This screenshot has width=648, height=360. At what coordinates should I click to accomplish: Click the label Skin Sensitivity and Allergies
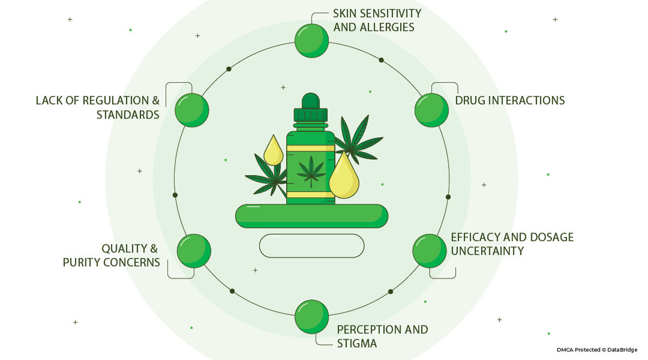(377, 19)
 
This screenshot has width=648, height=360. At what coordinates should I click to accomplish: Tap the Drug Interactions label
(510, 100)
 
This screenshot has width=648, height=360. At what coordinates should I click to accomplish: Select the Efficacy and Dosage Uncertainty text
(511, 244)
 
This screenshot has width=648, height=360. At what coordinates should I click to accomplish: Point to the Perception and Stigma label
(382, 336)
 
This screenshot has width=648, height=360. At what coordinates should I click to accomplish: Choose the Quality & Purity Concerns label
(112, 255)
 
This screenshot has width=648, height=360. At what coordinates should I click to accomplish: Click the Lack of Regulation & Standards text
(98, 107)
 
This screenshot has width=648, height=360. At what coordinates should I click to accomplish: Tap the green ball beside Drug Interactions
(431, 110)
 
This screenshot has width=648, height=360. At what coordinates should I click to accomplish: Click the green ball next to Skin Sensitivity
(312, 40)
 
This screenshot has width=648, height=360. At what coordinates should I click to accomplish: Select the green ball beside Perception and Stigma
(312, 317)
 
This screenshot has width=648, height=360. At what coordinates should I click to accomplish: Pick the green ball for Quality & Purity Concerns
(194, 251)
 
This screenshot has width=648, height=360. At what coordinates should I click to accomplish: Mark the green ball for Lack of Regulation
(192, 110)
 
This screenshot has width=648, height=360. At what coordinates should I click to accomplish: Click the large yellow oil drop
(344, 178)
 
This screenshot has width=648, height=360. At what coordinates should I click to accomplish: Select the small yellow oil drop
(274, 152)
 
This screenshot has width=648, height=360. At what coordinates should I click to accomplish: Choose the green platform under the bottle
(312, 216)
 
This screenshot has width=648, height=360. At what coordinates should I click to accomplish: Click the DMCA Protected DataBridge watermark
(597, 350)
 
